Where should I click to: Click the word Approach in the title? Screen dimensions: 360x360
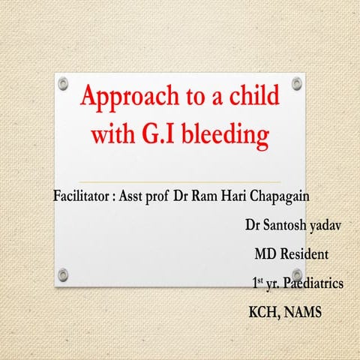tap(122, 100)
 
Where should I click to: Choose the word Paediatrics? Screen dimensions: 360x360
tap(310, 284)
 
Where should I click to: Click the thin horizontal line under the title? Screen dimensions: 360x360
tap(180, 181)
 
